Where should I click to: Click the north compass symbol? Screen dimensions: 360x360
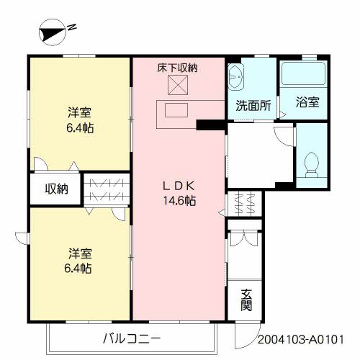pos(52,32)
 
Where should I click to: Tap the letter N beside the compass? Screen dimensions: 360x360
pos(72,27)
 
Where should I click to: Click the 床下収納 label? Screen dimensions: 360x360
pos(178,68)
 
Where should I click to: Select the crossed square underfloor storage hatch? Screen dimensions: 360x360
pos(178,85)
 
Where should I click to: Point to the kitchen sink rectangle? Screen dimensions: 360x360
pos(176,110)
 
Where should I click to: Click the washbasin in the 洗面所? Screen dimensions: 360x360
pos(235,77)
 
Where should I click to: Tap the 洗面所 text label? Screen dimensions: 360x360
pos(253,105)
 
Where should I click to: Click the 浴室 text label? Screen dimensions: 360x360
pos(307,102)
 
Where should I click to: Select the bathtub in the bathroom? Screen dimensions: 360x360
pos(304,73)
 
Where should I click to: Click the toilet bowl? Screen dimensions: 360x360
pos(311,163)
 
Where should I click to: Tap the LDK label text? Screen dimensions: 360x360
pos(179,186)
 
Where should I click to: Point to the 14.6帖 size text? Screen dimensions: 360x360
pos(179,201)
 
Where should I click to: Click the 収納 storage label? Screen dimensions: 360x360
pos(57,189)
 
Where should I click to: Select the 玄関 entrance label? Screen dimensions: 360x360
pos(246,300)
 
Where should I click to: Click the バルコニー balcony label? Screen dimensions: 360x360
pos(132,339)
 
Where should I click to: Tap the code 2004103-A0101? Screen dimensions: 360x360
pos(301,340)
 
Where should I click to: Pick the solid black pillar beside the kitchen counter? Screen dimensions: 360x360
pos(211,125)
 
